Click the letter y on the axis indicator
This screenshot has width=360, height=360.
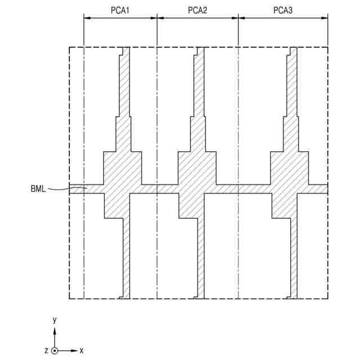click(x=55, y=320)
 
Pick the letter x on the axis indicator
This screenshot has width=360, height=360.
click(x=81, y=350)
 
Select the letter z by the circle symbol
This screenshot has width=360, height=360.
click(x=46, y=350)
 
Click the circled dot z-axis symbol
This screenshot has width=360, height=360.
click(x=55, y=350)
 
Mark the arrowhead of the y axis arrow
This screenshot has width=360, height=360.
click(x=55, y=331)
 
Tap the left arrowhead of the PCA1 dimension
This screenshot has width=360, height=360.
click(x=87, y=18)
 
